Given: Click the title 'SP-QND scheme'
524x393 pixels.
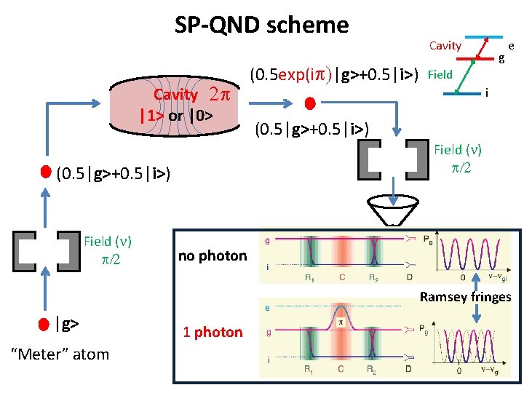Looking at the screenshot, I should point(261,25).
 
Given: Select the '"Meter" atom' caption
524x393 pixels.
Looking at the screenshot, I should point(60,354).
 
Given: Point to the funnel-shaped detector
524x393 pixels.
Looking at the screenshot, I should point(393,212).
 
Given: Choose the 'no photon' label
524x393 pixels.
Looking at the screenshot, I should point(213,255).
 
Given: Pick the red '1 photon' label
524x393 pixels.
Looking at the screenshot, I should point(213,333).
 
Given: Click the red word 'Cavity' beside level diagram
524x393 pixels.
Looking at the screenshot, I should point(445,45).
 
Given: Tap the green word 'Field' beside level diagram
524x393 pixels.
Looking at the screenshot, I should point(440,74).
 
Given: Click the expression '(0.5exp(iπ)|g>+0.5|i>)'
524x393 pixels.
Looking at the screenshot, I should point(334,74).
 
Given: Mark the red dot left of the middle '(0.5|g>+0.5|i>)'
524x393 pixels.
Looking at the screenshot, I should point(309,103).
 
